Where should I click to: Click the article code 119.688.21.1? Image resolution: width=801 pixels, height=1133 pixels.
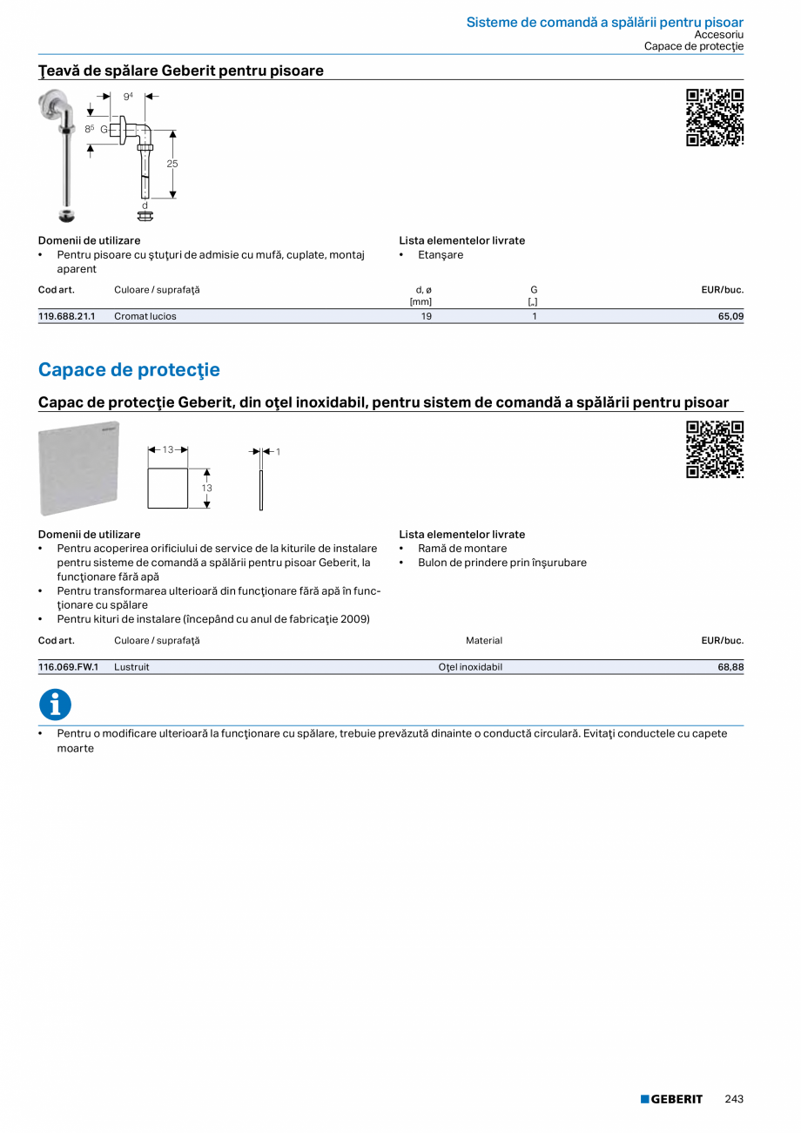coord(66,316)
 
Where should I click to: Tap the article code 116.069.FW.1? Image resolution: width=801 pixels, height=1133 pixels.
coord(68,667)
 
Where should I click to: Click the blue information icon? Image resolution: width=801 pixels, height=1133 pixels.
coord(55,705)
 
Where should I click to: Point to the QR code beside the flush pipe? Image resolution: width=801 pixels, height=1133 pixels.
coord(714,118)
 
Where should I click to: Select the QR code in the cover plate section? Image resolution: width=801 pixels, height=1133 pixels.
coord(714,449)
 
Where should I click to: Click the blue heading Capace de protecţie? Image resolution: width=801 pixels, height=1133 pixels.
coord(129,369)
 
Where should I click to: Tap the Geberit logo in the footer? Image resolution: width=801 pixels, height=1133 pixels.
coord(671,1099)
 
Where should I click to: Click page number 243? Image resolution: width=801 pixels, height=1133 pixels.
coord(734,1099)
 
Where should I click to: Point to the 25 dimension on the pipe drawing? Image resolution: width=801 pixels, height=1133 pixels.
coord(172,164)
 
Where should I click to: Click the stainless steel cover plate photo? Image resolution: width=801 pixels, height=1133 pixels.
coord(78,469)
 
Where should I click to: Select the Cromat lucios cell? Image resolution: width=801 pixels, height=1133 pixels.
coord(145,316)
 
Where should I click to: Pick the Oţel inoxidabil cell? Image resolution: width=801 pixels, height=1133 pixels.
coord(470,667)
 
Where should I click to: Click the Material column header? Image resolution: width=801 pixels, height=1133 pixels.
coord(484,640)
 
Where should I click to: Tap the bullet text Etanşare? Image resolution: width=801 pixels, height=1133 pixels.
coord(441,255)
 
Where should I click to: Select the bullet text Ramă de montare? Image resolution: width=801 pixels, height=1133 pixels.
coord(462,549)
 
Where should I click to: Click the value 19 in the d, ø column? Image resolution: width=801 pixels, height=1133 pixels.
coord(427,316)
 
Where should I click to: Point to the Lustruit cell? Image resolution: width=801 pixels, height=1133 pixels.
coord(131,667)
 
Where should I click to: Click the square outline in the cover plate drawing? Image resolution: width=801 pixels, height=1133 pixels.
coord(168,488)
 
